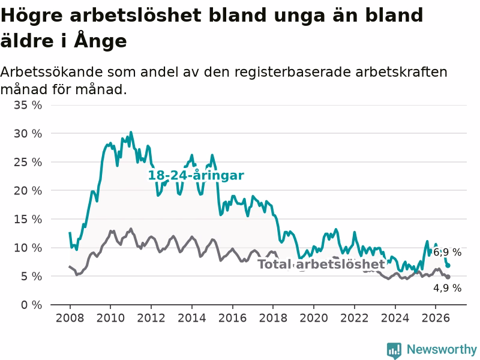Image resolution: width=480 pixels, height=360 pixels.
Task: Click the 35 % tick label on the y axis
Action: (28, 106)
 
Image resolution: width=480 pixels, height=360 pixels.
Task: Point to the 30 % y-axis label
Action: (28, 134)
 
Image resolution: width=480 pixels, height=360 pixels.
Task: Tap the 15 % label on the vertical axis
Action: (28, 219)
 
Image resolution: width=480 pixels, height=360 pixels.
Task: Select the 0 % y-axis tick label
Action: (32, 305)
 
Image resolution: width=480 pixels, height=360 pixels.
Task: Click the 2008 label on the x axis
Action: (70, 318)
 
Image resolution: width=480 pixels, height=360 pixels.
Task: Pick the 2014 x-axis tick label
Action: (192, 318)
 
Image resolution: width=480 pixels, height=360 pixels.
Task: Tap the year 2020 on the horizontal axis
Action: (314, 318)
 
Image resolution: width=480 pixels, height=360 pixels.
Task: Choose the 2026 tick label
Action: (436, 318)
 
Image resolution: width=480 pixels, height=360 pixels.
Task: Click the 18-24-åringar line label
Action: (196, 176)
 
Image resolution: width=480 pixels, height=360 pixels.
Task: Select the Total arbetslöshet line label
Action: (321, 264)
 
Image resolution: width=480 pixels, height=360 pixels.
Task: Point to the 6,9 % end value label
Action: (447, 252)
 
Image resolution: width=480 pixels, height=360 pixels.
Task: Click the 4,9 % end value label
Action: (447, 288)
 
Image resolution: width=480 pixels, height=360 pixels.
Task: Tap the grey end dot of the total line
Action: (448, 277)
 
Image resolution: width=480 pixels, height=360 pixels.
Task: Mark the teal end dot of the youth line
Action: (448, 265)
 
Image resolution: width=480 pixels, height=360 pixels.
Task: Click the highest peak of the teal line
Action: (131, 132)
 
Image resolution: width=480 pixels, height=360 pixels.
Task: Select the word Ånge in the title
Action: (100, 40)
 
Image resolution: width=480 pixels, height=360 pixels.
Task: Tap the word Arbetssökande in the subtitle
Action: (52, 72)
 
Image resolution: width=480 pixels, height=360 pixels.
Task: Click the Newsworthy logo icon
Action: (394, 350)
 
